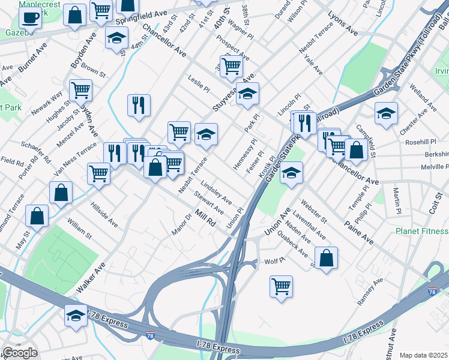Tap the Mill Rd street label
(x=205, y=217)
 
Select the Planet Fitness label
(x=421, y=231)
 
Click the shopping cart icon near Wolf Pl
(x=281, y=286)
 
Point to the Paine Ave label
(x=359, y=232)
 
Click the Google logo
(x=20, y=353)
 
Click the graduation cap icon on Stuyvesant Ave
(x=247, y=93)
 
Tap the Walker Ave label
(x=91, y=278)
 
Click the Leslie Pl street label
(x=199, y=83)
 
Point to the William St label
(x=79, y=229)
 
